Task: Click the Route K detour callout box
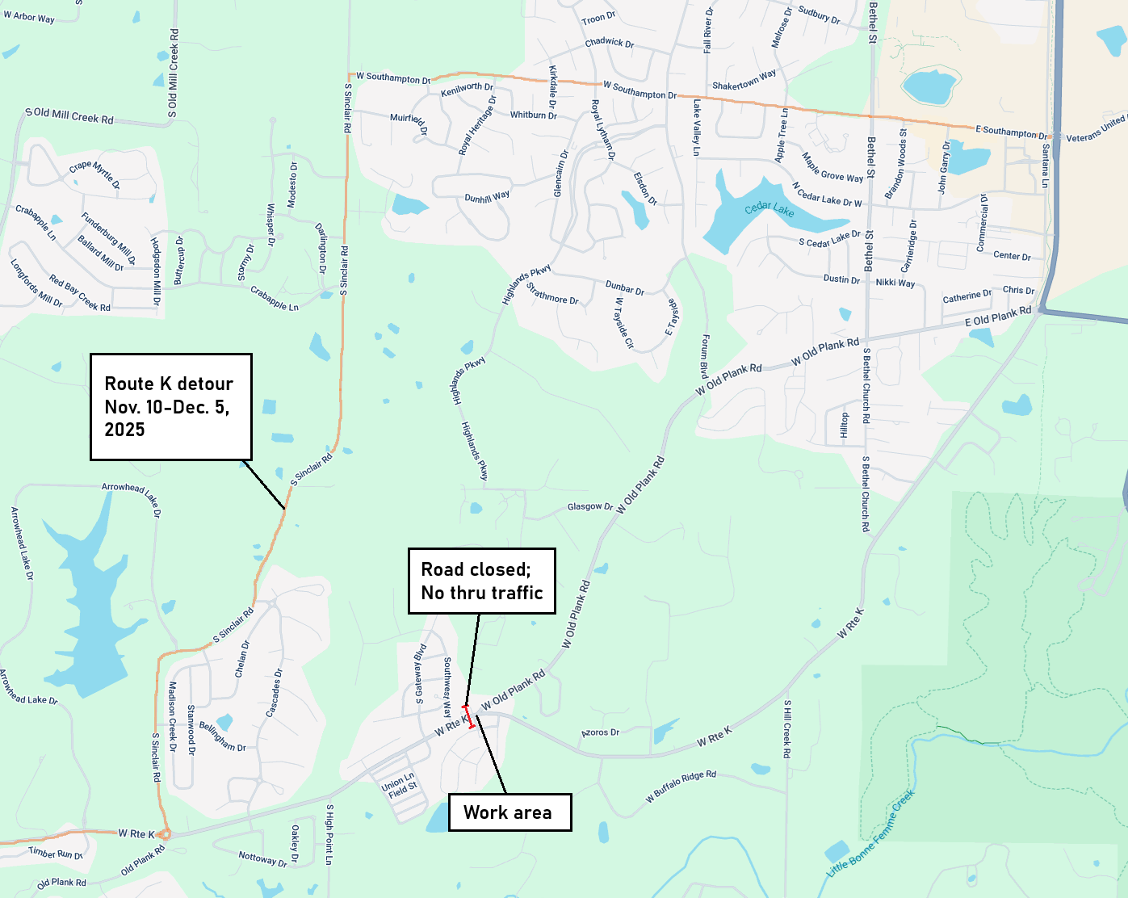click(x=170, y=406)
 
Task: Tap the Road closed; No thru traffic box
click(x=482, y=581)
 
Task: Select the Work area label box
click(x=509, y=812)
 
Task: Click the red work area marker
click(x=468, y=717)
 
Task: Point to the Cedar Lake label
click(x=769, y=209)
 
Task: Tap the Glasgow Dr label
click(x=589, y=507)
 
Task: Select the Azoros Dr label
click(x=601, y=732)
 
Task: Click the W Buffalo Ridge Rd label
click(x=681, y=787)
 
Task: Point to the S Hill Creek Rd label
click(x=787, y=728)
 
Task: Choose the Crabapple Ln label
click(x=274, y=298)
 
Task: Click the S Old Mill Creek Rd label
click(x=69, y=115)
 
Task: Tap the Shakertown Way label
click(x=744, y=81)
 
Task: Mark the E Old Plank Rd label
click(x=998, y=317)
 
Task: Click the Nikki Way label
click(x=895, y=283)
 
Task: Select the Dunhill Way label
click(x=487, y=196)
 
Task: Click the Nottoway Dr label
click(x=262, y=858)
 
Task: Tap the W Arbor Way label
click(x=29, y=16)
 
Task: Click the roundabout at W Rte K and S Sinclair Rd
click(x=164, y=834)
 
